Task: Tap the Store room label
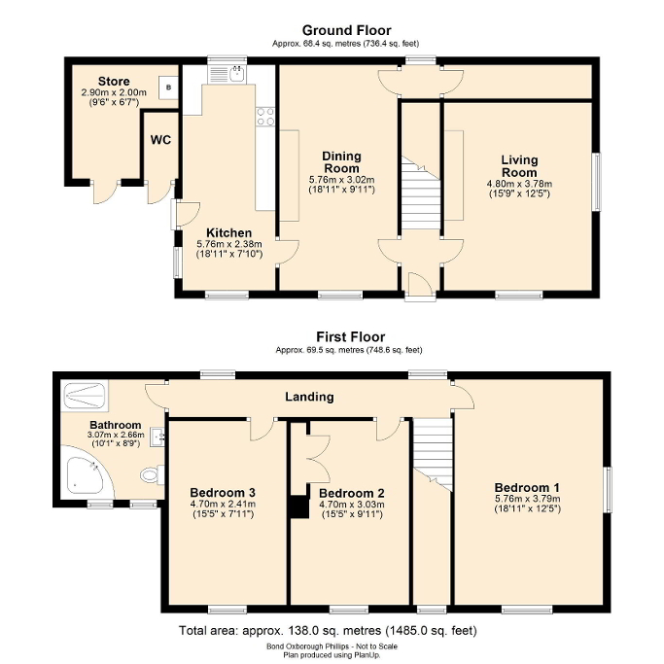(114, 81)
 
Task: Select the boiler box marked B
(169, 87)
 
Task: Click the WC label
(160, 140)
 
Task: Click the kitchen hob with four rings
(264, 117)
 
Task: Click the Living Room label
(519, 166)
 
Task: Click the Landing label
(309, 397)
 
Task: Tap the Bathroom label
(116, 426)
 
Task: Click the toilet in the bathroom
(151, 475)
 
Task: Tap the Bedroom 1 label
(526, 487)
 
